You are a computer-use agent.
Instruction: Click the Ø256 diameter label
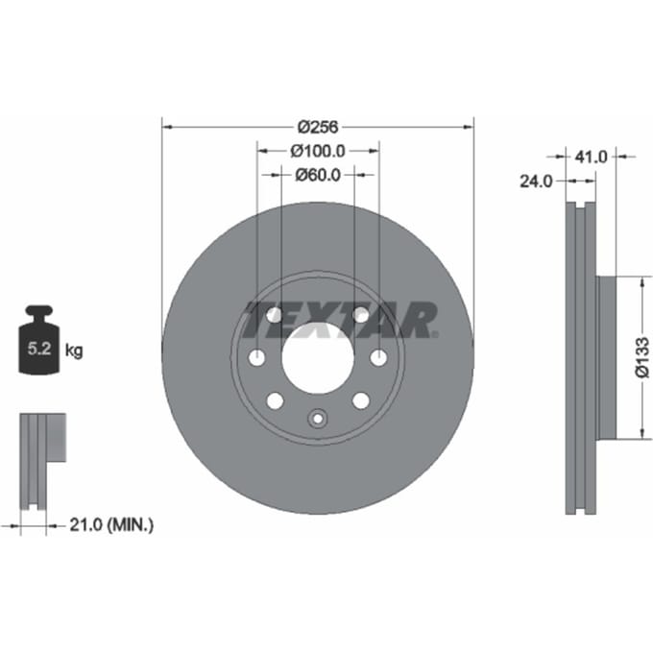(x=318, y=127)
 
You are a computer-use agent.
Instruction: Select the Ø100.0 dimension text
(x=318, y=151)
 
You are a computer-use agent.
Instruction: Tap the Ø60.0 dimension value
(x=318, y=176)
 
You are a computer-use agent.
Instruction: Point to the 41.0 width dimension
(x=591, y=157)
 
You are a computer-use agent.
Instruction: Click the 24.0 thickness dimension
(x=536, y=181)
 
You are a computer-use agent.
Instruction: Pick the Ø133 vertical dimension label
(x=642, y=357)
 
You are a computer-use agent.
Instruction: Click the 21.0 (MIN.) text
(x=111, y=524)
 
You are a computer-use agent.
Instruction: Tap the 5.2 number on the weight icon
(x=39, y=349)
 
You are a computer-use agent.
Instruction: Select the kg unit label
(x=74, y=351)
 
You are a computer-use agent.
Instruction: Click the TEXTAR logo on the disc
(x=341, y=320)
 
